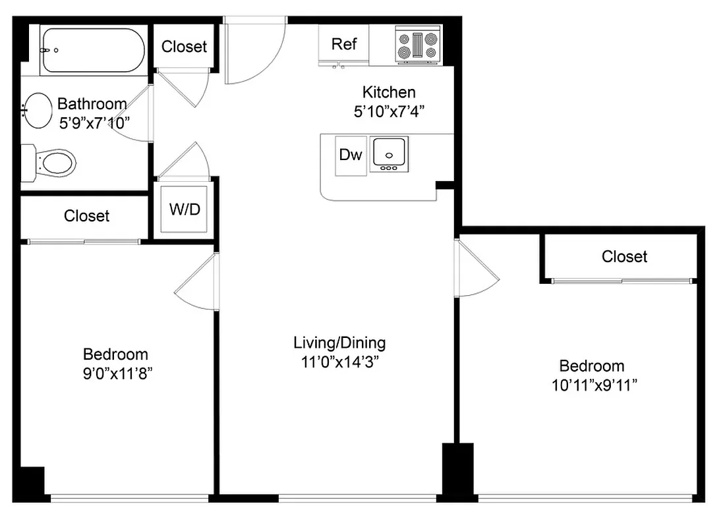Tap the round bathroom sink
click(38, 111)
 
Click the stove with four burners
click(418, 45)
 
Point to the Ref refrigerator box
click(344, 44)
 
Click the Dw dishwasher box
click(351, 155)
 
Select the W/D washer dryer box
click(185, 210)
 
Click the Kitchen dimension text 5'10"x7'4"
click(389, 111)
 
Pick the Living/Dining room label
click(339, 343)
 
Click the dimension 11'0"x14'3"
click(339, 362)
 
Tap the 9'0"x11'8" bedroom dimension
click(115, 374)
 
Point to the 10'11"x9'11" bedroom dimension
click(591, 385)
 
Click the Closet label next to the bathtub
click(184, 47)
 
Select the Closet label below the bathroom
click(86, 216)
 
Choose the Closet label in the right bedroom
click(624, 256)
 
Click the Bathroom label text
click(92, 103)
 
